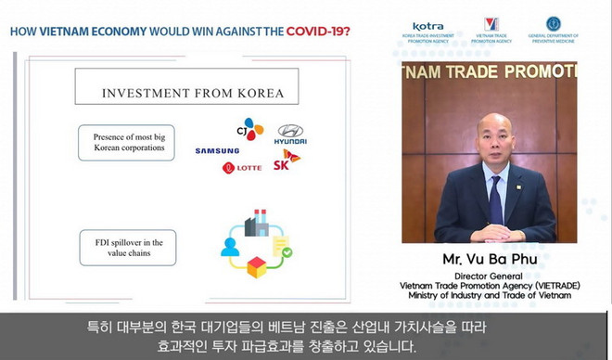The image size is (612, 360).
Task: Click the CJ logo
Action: (x=249, y=130)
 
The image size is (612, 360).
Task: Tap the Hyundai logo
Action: (x=290, y=134)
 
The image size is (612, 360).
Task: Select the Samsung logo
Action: (x=217, y=150)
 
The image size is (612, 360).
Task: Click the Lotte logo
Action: (x=242, y=168)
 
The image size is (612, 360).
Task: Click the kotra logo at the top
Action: (x=427, y=32)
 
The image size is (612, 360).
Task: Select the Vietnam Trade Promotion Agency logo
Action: (x=491, y=30)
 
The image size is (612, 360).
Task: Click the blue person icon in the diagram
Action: (x=228, y=248)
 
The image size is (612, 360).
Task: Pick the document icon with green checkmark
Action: (x=282, y=246)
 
